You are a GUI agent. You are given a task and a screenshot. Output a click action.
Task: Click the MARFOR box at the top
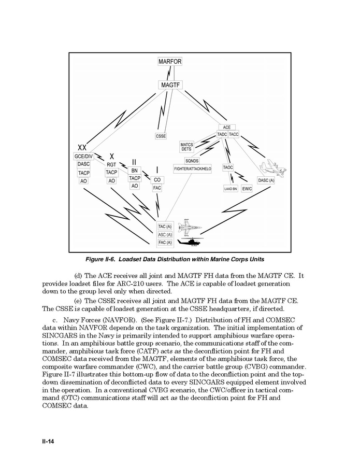tap(169, 62)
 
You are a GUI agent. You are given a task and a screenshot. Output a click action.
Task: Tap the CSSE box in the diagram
tap(161, 136)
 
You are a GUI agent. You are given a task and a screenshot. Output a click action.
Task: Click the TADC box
tap(222, 134)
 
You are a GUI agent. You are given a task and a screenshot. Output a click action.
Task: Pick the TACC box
tap(234, 134)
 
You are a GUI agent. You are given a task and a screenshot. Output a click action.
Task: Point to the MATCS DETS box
tap(186, 147)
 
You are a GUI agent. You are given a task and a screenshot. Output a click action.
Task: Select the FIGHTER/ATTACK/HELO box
tap(193, 169)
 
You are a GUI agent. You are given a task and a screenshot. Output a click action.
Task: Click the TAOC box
tap(228, 167)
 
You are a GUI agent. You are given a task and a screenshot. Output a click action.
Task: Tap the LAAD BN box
tap(231, 189)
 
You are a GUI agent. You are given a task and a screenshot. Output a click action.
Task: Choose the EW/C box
tap(247, 189)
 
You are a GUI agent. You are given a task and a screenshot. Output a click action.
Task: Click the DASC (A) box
tap(266, 180)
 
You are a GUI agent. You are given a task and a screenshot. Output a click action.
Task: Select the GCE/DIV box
tap(83, 156)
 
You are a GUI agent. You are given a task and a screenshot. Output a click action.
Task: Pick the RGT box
tap(111, 164)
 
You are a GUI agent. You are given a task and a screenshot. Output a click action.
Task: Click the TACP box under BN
tap(135, 178)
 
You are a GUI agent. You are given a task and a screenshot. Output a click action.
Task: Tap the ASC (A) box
tap(165, 235)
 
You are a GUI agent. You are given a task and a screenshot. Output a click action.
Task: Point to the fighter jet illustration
tap(189, 227)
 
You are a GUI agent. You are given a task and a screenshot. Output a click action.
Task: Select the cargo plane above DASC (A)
tap(273, 167)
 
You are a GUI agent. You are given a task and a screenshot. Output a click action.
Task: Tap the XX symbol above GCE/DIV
tap(82, 148)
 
